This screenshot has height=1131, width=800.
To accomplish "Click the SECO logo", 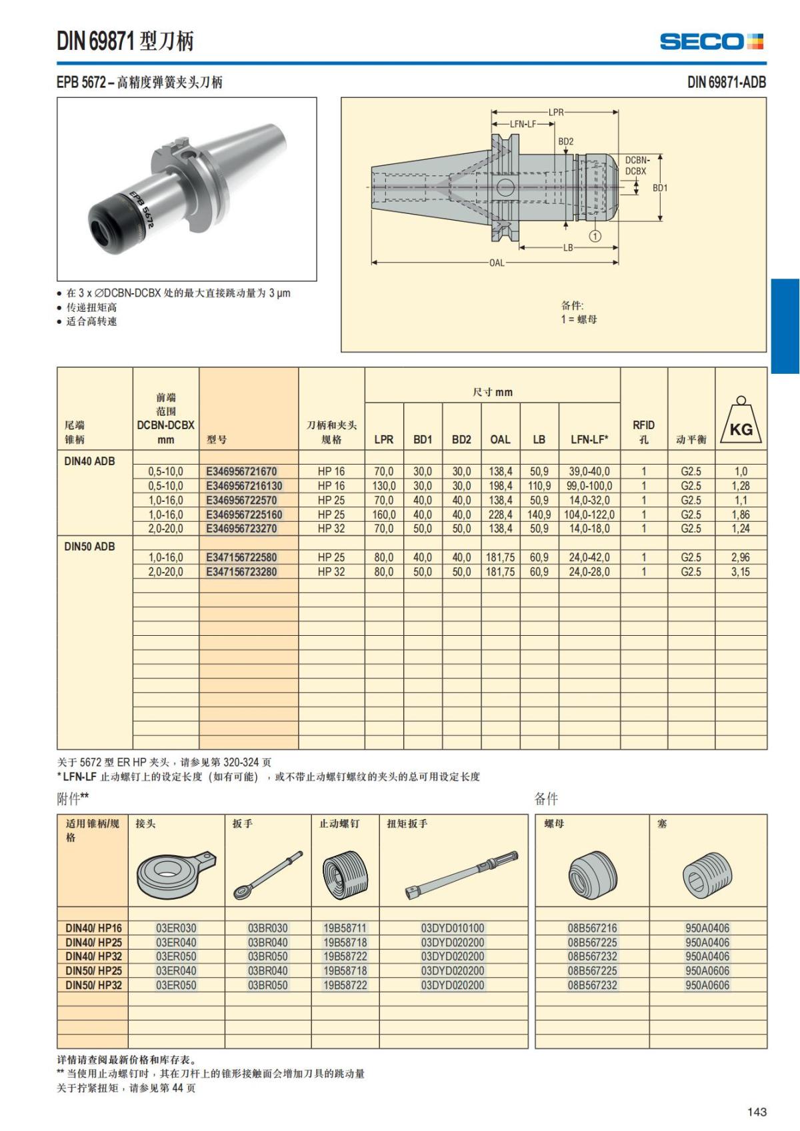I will coord(711,42).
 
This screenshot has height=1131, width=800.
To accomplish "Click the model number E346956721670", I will coord(241,471).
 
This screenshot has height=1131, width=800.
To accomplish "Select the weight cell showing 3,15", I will coord(740,572).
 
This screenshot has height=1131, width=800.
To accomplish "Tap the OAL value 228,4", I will coord(501,515).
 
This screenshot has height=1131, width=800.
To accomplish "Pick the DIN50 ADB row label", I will coord(89,547).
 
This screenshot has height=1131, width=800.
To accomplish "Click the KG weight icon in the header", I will coord(741,424).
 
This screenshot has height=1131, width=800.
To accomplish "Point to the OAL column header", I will coord(500,439).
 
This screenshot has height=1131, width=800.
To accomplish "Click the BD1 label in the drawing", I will coord(660,188).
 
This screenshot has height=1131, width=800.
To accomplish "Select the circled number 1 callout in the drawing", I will coord(595,236).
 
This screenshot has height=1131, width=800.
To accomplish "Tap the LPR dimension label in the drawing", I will coord(556,112).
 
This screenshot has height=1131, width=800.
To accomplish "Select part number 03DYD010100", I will coord(453,928).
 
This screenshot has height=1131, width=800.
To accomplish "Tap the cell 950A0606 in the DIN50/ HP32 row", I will coord(707,985).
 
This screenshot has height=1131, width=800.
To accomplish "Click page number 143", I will coord(757,1112).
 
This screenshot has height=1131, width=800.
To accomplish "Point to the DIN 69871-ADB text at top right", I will coord(726,83).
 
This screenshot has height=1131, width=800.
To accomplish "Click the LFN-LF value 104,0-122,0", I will coord(589,515).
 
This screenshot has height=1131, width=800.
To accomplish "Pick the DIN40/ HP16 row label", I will coord(93,928).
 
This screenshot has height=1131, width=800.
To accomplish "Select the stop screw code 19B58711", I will coord(345,928).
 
